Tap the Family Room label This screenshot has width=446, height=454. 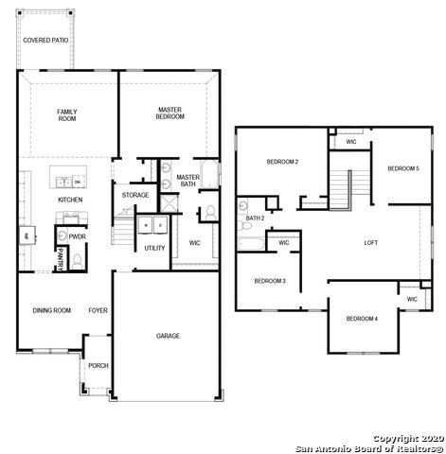coord(66,115)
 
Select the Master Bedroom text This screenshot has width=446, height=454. coord(170,113)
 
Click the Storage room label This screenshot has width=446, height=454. coord(135,195)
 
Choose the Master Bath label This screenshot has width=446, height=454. coord(187,181)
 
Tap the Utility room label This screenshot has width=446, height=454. coord(154,248)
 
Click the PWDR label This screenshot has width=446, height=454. coord(78,237)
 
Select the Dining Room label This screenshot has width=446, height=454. coord(52,310)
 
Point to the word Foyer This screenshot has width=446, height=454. coord(98,310)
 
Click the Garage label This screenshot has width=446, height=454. coord(168,336)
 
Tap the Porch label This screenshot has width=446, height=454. coord(98,365)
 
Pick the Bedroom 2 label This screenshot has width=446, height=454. coord(282,163)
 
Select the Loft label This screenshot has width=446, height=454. coord(371,242)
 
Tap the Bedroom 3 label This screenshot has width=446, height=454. coord(270,281)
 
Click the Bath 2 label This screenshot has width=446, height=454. coord(255,218)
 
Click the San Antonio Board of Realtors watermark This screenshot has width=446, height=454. coord(368,447)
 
